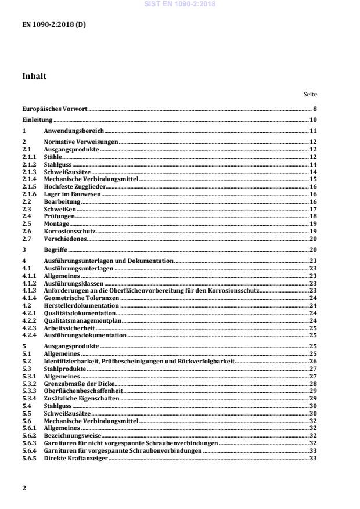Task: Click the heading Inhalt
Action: click(x=34, y=76)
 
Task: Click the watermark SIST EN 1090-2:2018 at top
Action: click(x=179, y=3)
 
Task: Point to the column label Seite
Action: click(x=310, y=94)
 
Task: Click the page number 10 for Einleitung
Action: click(x=312, y=120)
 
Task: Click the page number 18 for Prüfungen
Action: click(x=312, y=216)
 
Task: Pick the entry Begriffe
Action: click(x=56, y=250)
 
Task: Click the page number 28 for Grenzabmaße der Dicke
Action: click(x=312, y=384)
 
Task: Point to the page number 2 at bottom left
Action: click(x=24, y=488)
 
